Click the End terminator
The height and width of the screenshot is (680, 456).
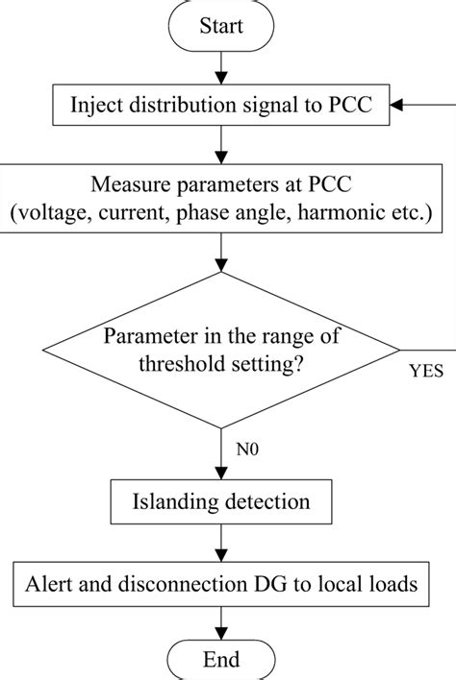coord(222,661)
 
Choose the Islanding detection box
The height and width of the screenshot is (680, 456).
coord(222,500)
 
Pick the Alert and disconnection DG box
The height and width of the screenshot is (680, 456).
coord(222,582)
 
